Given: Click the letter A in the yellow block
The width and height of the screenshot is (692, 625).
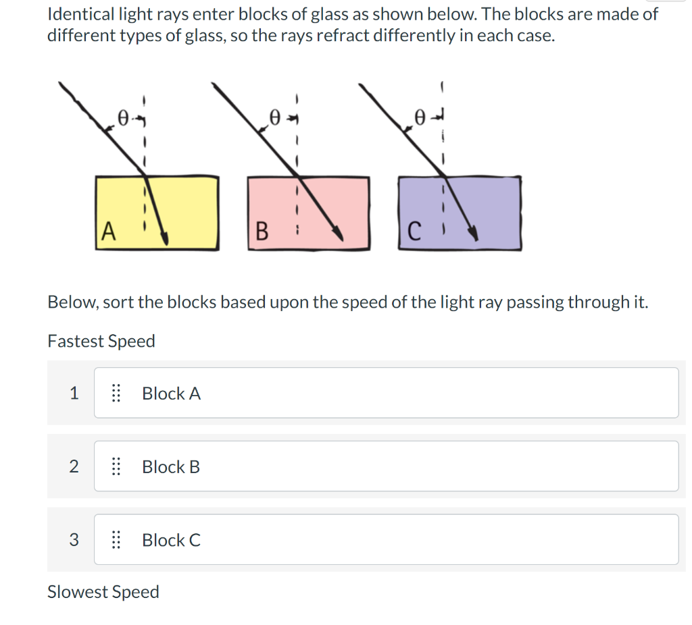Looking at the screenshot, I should [107, 232].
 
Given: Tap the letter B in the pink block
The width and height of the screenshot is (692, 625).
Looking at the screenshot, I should [262, 233].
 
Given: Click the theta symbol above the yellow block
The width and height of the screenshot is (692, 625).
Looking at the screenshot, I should [122, 118].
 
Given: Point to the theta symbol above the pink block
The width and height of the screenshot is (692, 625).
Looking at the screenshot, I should [274, 119].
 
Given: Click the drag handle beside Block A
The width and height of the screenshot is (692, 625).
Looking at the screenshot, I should [116, 393].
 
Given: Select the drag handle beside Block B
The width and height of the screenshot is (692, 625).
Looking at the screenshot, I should [116, 466].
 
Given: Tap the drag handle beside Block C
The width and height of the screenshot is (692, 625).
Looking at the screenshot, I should [116, 540].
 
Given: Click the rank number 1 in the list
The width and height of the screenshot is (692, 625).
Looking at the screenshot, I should [74, 393].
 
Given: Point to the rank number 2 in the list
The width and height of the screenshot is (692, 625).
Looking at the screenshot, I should [74, 466].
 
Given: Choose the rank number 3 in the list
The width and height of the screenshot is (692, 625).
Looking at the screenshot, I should [74, 540].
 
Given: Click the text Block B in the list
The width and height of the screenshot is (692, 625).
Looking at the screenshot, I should [171, 466].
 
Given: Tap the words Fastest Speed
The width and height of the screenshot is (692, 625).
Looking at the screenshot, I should [101, 341].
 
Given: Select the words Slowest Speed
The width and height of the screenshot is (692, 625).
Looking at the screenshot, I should [103, 592].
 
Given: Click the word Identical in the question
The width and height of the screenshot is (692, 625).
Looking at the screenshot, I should [78, 14].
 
